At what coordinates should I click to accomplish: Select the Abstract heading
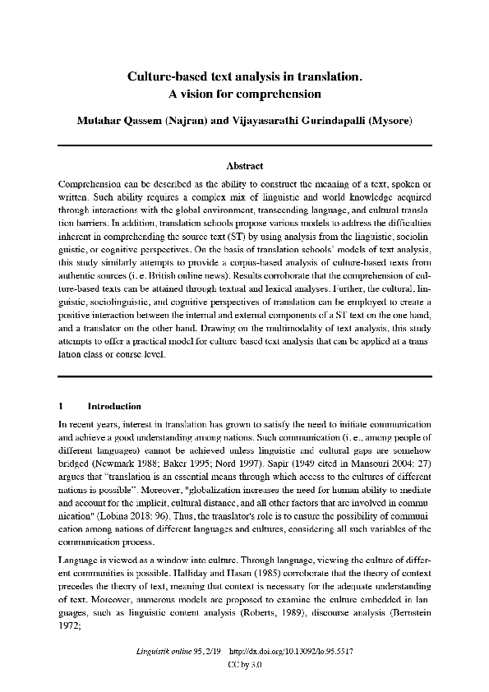(x=244, y=166)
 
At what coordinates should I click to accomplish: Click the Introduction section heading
(x=114, y=406)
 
